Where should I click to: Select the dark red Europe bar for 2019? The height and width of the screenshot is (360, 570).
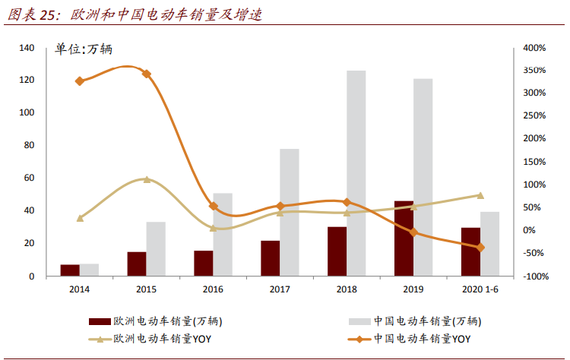click(404, 238)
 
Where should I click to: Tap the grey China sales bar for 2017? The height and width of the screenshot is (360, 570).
click(290, 213)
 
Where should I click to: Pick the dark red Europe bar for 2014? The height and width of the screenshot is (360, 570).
click(70, 270)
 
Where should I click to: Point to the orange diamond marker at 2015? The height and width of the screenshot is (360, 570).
click(147, 74)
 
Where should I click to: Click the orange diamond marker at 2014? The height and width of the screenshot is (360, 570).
click(80, 81)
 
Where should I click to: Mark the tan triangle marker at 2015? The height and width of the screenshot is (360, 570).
click(147, 179)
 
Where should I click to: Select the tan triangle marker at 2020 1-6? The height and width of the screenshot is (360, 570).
click(480, 195)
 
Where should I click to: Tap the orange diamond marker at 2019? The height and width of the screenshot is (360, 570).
click(413, 232)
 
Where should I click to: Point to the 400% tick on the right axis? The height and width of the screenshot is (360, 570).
click(535, 48)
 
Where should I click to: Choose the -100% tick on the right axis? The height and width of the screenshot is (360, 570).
click(535, 276)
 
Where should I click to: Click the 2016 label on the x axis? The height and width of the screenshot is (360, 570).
click(214, 289)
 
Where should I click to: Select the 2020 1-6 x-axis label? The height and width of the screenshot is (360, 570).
click(481, 289)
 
